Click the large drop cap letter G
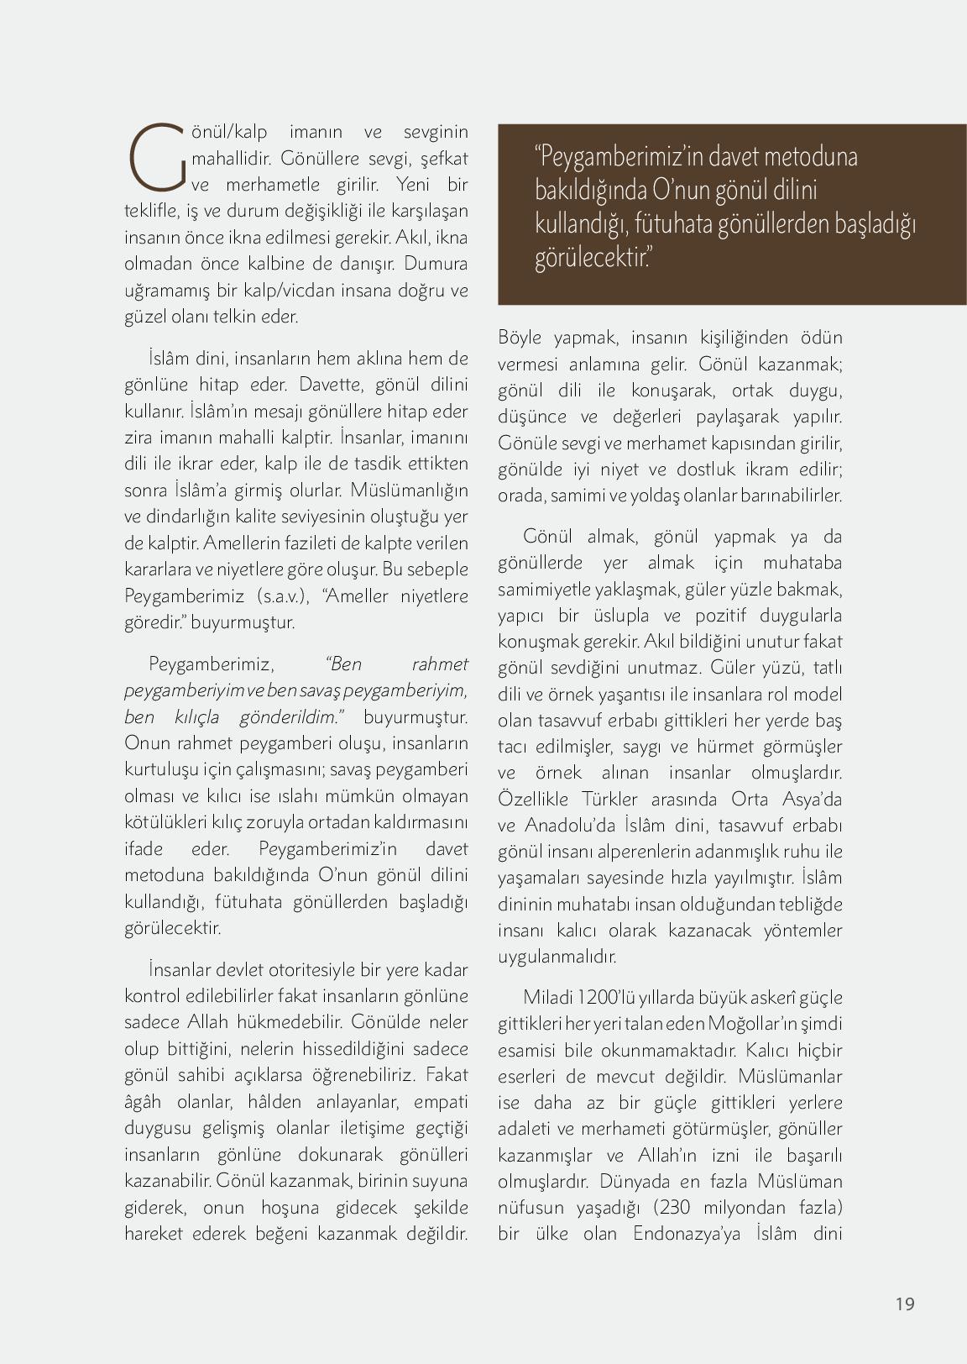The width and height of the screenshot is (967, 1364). pos(156,157)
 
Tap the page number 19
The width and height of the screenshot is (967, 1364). pos(904,1304)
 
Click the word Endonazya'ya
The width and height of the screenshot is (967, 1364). pos(688,1234)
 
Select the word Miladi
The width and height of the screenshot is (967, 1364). pos(548,998)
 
